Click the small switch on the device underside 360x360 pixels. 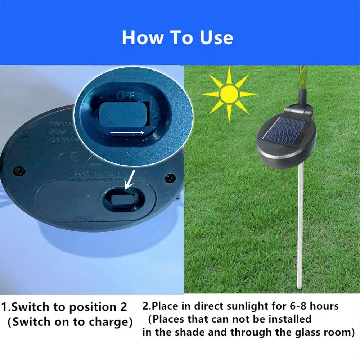tap(121, 199)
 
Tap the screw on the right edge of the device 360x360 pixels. tap(168, 178)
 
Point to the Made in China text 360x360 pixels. tap(96, 174)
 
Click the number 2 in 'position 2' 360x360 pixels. tap(122, 307)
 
